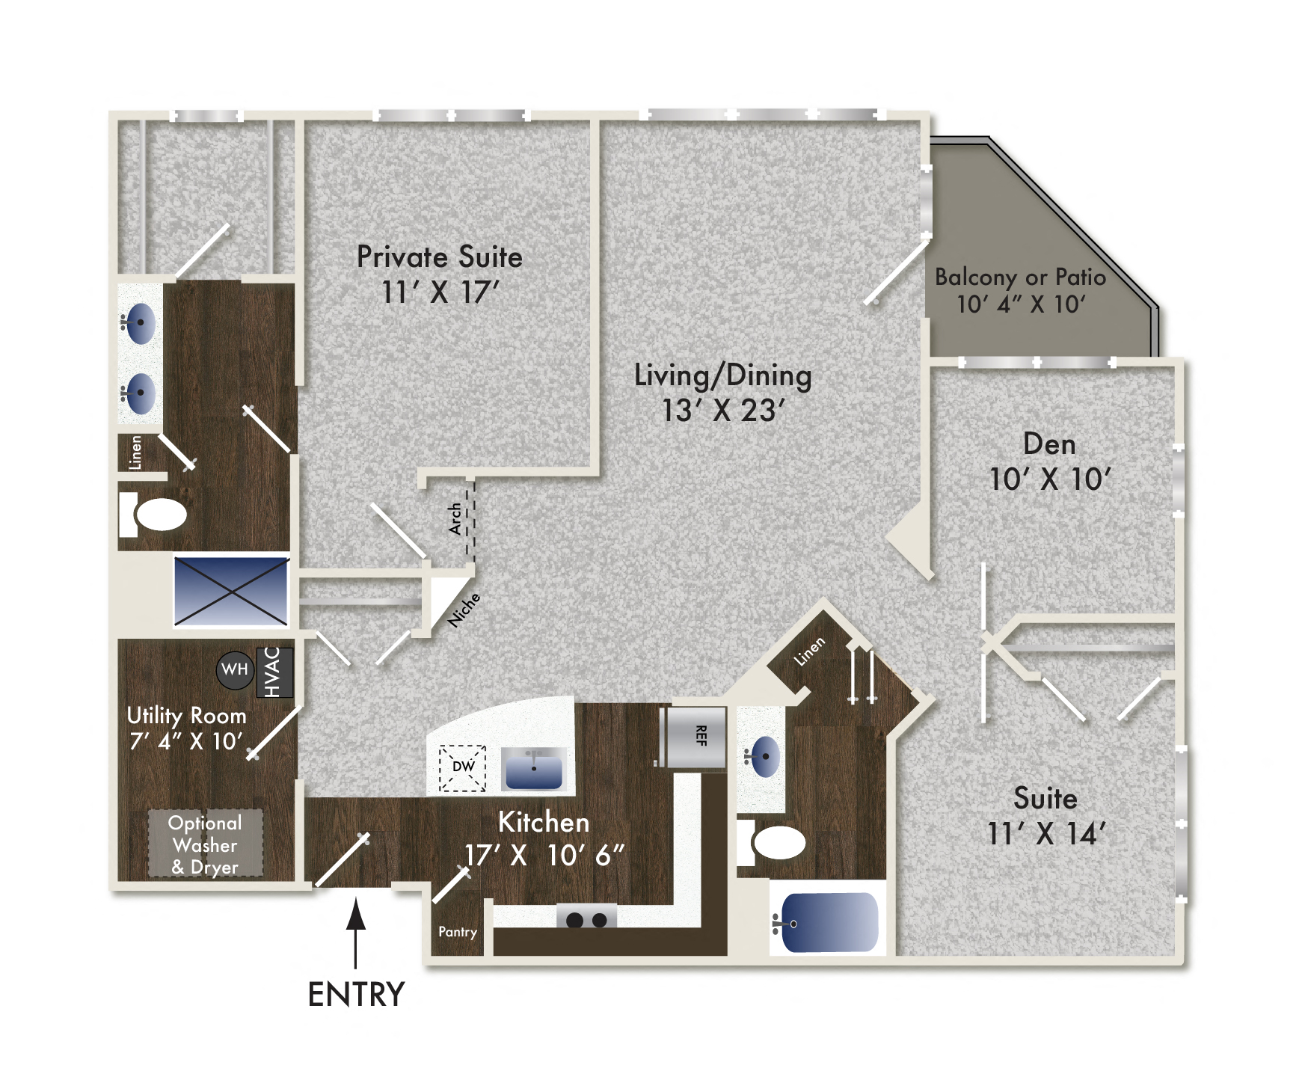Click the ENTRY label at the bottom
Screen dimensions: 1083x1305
[x=356, y=995]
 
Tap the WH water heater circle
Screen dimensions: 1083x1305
[x=235, y=669]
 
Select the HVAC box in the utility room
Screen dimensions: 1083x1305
[x=274, y=672]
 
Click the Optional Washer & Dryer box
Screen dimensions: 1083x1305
[x=205, y=844]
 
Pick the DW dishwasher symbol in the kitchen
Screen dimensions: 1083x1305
[x=463, y=767]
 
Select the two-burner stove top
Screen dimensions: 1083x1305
[x=586, y=918]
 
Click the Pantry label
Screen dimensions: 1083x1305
[x=458, y=932]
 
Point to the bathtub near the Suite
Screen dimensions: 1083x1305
[x=829, y=922]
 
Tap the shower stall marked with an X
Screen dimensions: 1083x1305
[x=231, y=591]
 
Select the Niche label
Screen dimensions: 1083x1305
[x=464, y=610]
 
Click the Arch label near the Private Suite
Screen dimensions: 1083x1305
[x=455, y=518]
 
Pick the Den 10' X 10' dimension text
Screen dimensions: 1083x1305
[x=1050, y=479]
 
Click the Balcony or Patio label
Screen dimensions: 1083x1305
[x=1020, y=277]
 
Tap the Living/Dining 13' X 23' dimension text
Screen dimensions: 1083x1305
[x=723, y=410]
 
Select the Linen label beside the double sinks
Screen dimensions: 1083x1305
[x=135, y=452]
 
